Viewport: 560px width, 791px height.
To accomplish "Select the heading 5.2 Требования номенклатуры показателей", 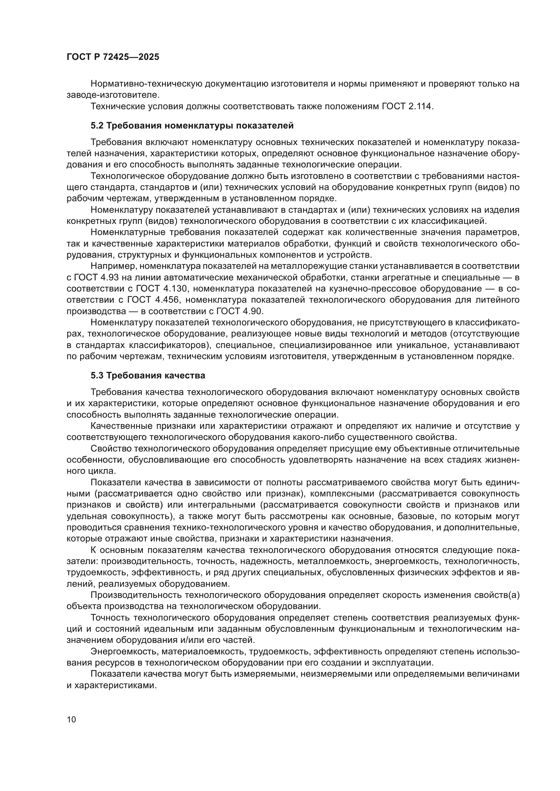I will coord(192,126).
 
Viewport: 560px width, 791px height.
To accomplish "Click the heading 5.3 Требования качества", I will coord(148,375).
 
